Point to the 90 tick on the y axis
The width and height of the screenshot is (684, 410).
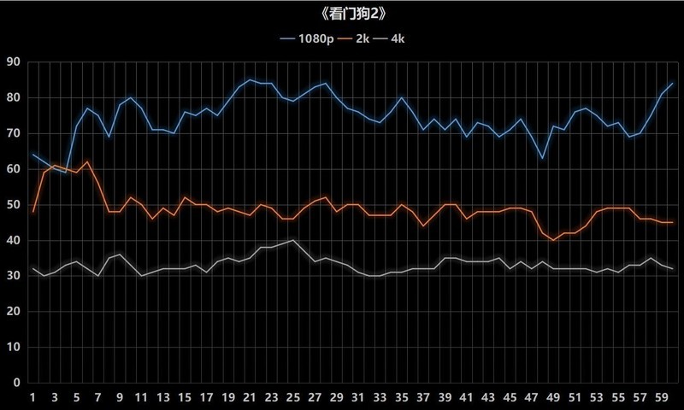pos(13,61)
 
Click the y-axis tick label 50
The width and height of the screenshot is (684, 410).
pos(13,205)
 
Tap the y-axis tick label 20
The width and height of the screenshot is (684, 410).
pos(13,312)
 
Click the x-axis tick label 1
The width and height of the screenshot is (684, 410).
pos(32,397)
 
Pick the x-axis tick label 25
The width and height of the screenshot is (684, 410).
pos(293,397)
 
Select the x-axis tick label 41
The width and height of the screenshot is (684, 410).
pos(467,397)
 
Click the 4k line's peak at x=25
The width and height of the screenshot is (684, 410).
pos(293,240)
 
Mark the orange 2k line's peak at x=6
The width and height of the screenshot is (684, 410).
pos(87,161)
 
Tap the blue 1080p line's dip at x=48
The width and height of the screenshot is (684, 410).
pos(543,158)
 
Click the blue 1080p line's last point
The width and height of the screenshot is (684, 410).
pos(673,83)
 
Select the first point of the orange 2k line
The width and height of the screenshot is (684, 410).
pos(32,212)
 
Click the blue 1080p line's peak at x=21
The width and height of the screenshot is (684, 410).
pos(250,79)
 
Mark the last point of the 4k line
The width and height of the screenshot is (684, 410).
pos(673,269)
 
